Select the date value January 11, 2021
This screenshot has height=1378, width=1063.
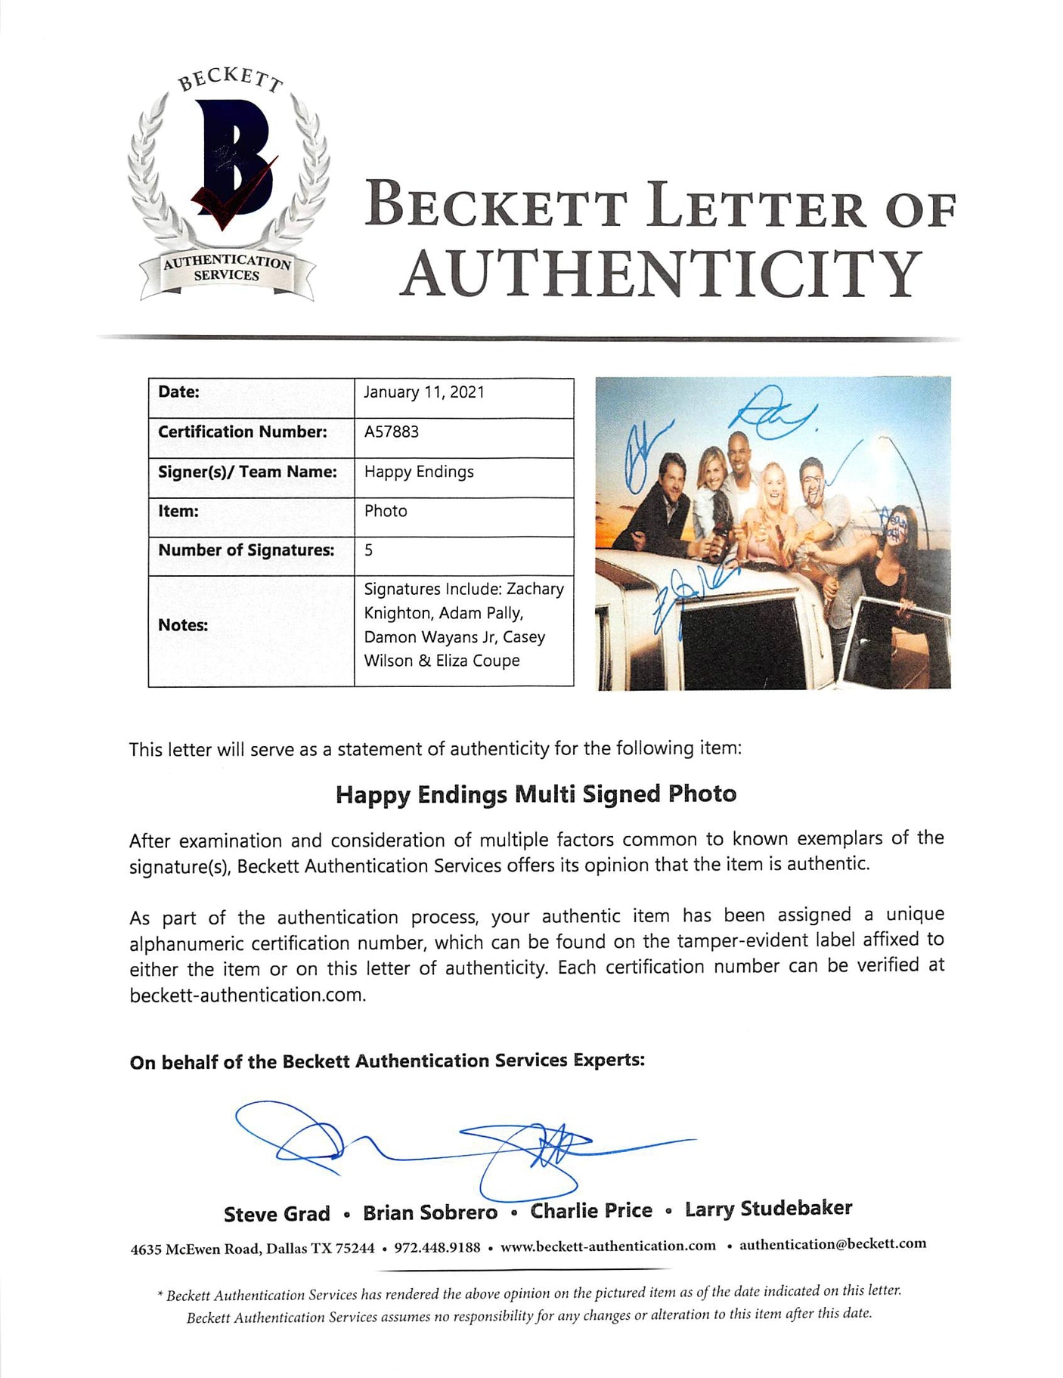pyautogui.click(x=423, y=392)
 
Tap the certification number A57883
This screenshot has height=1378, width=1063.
pyautogui.click(x=391, y=432)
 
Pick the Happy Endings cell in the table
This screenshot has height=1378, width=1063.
pyautogui.click(x=419, y=472)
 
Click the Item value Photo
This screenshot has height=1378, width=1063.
pyautogui.click(x=386, y=511)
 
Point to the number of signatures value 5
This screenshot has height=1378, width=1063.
pyautogui.click(x=368, y=550)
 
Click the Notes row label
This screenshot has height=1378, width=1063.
pyautogui.click(x=183, y=625)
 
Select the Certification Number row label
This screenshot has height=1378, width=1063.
pyautogui.click(x=242, y=432)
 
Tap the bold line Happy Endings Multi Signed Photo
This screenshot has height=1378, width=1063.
pyautogui.click(x=535, y=794)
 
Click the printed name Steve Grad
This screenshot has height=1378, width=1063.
pyautogui.click(x=277, y=1214)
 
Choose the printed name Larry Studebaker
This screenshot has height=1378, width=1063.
pyautogui.click(x=768, y=1209)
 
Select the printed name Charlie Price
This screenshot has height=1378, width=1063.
pyautogui.click(x=591, y=1211)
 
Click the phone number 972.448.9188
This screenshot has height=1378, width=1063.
pyautogui.click(x=437, y=1247)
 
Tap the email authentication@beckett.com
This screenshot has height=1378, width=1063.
pyautogui.click(x=832, y=1243)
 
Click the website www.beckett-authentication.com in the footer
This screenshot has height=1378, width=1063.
pyautogui.click(x=608, y=1246)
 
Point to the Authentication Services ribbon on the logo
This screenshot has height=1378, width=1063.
pyautogui.click(x=227, y=268)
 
